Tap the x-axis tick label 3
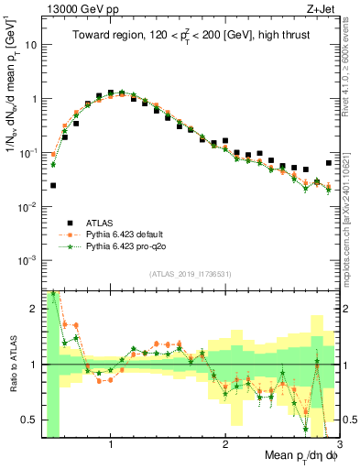(x=338, y=437)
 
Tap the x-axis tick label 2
(x=224, y=437)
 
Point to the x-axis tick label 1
(x=111, y=437)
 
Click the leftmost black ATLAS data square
(x=53, y=185)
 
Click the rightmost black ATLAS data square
(x=329, y=163)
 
